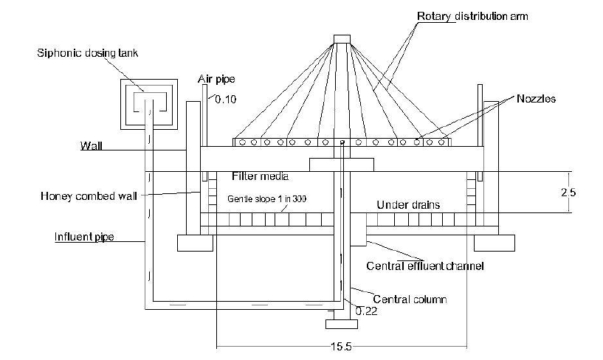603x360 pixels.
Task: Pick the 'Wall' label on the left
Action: click(x=91, y=145)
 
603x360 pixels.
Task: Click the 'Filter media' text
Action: click(x=258, y=176)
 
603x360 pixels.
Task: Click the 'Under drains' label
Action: click(x=409, y=204)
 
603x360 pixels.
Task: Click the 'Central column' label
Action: click(x=410, y=300)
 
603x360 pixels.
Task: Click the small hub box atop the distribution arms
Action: click(x=342, y=38)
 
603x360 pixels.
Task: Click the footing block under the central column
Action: click(x=341, y=322)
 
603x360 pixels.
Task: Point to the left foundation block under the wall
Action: click(x=196, y=243)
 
